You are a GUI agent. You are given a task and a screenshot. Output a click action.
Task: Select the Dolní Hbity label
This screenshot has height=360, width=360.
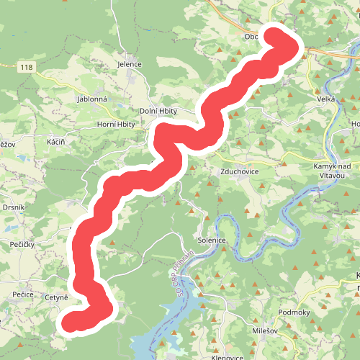point(158,112)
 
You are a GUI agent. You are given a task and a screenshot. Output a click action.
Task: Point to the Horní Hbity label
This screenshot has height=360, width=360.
point(116,125)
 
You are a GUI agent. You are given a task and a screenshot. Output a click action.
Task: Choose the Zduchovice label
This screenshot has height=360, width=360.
point(240,173)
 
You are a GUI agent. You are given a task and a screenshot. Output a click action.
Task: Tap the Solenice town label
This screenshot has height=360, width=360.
point(212,240)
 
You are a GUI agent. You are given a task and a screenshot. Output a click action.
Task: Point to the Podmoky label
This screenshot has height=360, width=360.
point(293,312)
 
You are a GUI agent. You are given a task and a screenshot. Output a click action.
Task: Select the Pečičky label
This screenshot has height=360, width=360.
point(22,246)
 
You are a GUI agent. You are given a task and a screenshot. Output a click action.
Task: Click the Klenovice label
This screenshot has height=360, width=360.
point(225,356)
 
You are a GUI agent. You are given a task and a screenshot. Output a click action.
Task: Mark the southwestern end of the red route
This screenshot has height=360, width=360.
point(72,320)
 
